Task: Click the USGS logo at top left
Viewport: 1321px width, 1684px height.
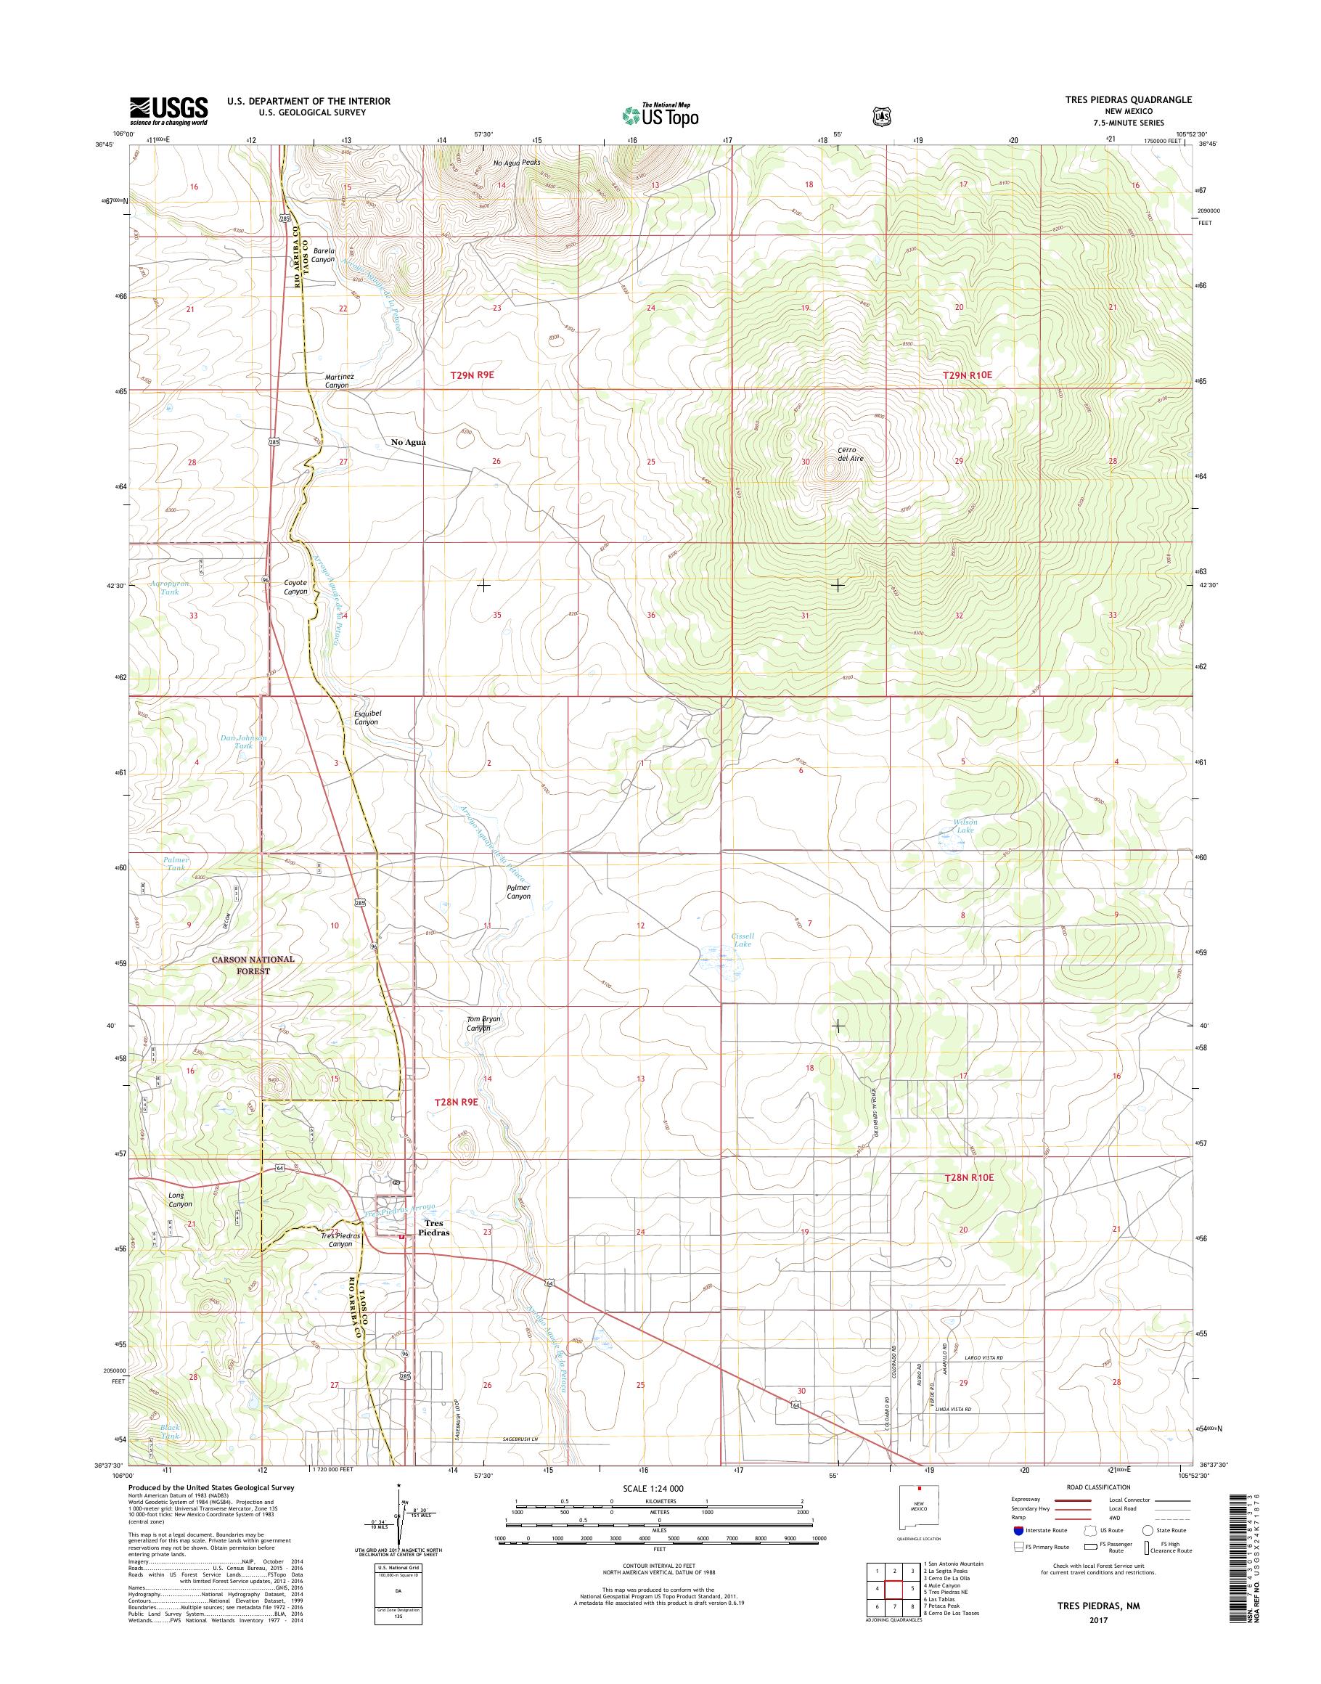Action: tap(168, 110)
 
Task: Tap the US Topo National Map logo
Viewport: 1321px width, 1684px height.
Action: tap(660, 115)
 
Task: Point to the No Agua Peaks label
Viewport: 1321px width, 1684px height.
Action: tap(517, 163)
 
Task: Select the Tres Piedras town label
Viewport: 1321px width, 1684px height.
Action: tap(434, 1227)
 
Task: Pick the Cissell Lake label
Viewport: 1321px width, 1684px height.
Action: tap(742, 940)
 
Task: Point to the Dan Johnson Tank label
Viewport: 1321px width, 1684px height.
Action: tap(244, 742)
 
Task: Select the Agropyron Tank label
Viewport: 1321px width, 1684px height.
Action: tap(170, 587)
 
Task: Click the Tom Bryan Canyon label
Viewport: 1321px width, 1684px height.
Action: tap(483, 1023)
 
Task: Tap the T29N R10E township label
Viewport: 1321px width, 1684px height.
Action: tap(967, 375)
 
